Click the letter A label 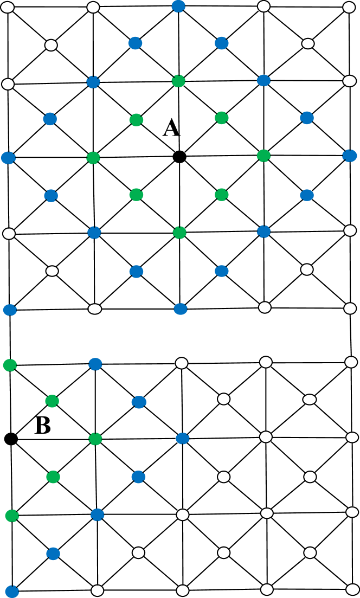(x=171, y=128)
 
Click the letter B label (x=43, y=426)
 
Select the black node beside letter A (x=179, y=157)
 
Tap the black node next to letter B (x=9, y=438)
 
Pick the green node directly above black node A (x=179, y=81)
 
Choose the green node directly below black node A (x=179, y=233)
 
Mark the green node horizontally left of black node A (x=93, y=158)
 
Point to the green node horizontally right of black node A (x=264, y=156)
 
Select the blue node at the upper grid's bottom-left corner (x=9, y=310)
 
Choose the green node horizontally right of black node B (x=95, y=438)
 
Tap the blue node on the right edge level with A (x=349, y=156)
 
